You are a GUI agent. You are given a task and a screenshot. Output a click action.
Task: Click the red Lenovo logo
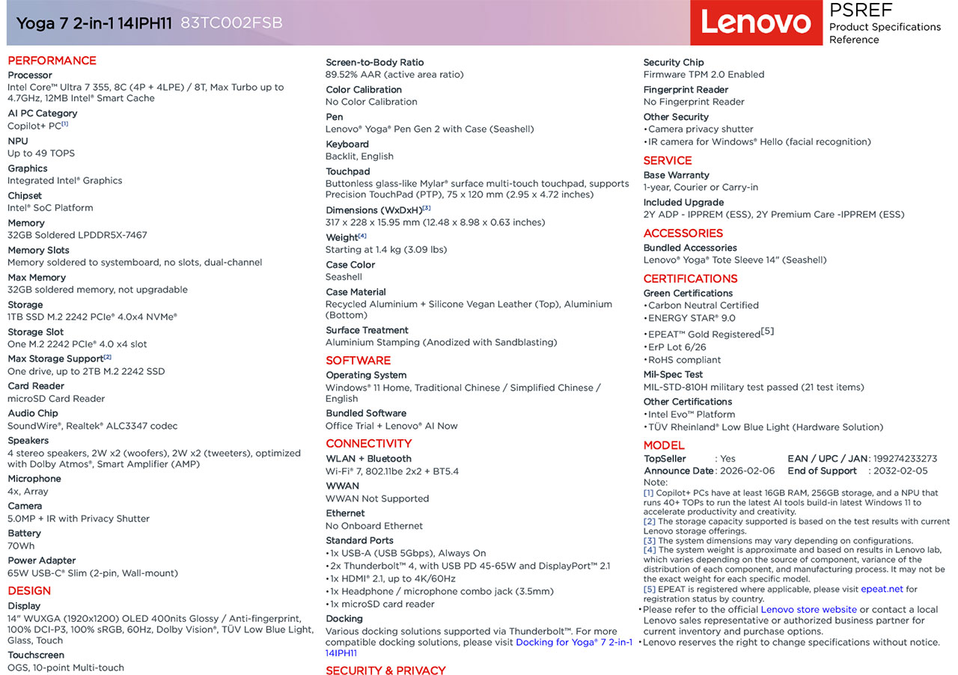pos(755,22)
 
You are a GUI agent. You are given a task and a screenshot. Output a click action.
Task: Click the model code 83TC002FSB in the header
pos(231,23)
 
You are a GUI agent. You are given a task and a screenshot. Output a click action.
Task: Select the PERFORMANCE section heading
pos(52,61)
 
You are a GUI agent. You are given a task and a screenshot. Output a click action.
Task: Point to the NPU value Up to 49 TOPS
pos(41,153)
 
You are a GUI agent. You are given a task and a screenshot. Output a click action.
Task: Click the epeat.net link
pos(882,589)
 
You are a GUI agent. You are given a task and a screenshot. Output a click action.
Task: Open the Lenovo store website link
pos(808,609)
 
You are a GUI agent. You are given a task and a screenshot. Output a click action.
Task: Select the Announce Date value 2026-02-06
pos(747,471)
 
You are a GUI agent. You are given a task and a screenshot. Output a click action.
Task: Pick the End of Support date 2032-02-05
pos(900,471)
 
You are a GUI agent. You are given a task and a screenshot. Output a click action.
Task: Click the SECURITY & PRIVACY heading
pos(385,670)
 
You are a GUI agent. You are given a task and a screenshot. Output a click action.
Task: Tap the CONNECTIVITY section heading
pos(368,443)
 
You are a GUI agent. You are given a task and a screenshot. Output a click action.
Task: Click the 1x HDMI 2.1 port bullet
pos(391,578)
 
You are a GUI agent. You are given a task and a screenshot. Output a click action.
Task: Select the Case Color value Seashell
pos(344,277)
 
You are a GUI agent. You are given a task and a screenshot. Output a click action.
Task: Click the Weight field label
pos(342,237)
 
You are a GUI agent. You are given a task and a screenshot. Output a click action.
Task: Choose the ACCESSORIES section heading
pos(683,233)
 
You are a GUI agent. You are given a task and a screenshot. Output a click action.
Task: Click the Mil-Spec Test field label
pos(673,374)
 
